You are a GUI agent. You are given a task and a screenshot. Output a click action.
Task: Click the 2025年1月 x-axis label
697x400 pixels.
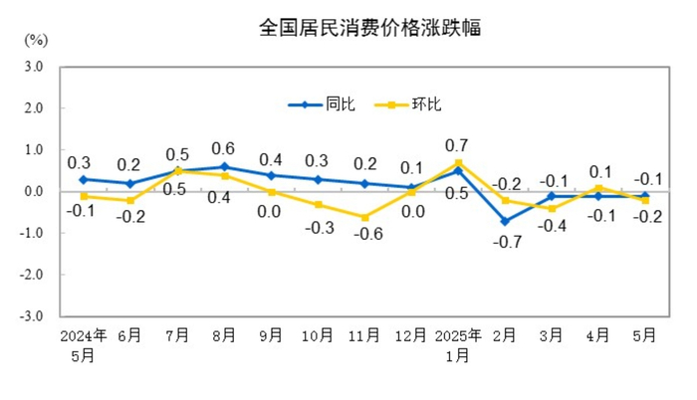pyautogui.click(x=458, y=343)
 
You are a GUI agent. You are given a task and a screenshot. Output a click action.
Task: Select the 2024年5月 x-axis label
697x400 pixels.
pyautogui.click(x=84, y=343)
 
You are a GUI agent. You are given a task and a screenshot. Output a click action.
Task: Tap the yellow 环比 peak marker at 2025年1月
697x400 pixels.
pyautogui.click(x=458, y=162)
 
